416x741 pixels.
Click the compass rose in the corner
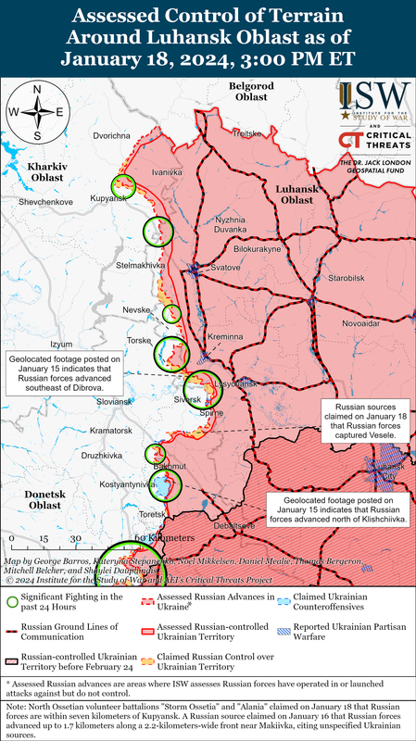point(36,112)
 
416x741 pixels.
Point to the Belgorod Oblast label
point(248,91)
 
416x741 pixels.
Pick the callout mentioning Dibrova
point(63,375)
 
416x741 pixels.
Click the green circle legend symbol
point(12,600)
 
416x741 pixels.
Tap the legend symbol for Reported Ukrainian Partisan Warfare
point(282,631)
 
